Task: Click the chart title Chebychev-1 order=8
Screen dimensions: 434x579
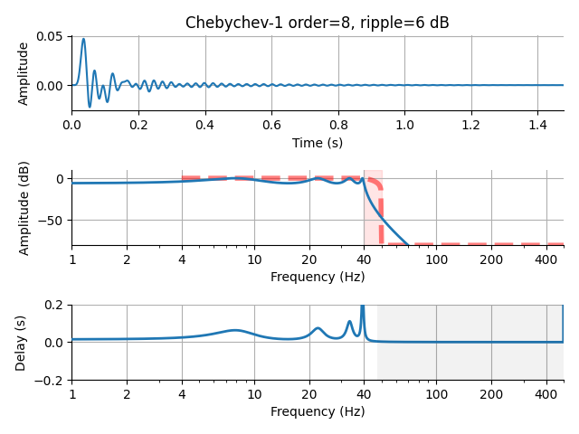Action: click(x=317, y=23)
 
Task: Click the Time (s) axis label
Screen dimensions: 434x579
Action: click(x=317, y=143)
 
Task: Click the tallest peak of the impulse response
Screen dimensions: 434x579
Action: click(x=83, y=40)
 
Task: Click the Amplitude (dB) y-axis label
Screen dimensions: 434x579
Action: click(x=24, y=208)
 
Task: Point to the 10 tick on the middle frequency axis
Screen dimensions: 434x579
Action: click(x=254, y=259)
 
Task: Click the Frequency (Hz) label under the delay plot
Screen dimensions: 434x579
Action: click(x=317, y=411)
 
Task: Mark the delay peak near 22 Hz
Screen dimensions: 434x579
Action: click(x=318, y=328)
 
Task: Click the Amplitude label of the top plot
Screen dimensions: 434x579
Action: click(x=24, y=73)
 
